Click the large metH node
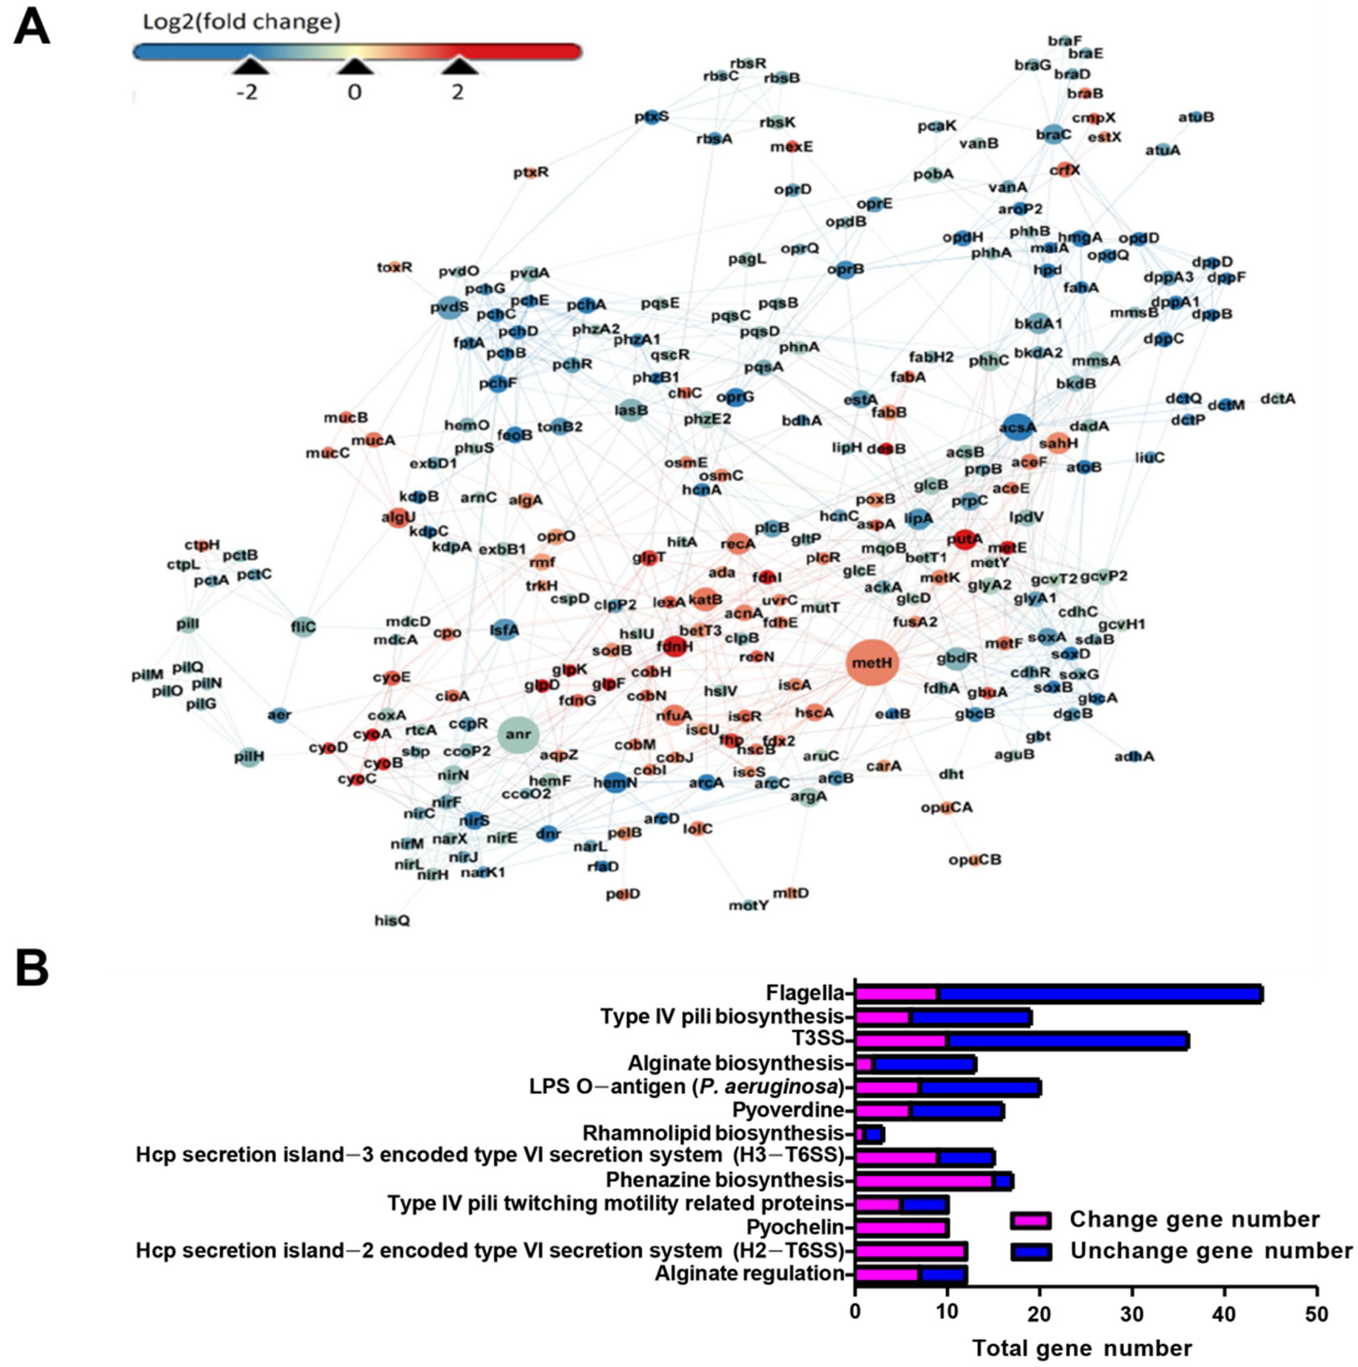tap(872, 663)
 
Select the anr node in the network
tap(518, 734)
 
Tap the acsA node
tap(1017, 427)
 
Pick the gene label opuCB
tap(975, 860)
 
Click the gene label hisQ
tap(392, 921)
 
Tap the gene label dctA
tap(1278, 399)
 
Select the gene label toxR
tap(394, 268)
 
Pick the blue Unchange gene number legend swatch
tap(1030, 1251)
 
